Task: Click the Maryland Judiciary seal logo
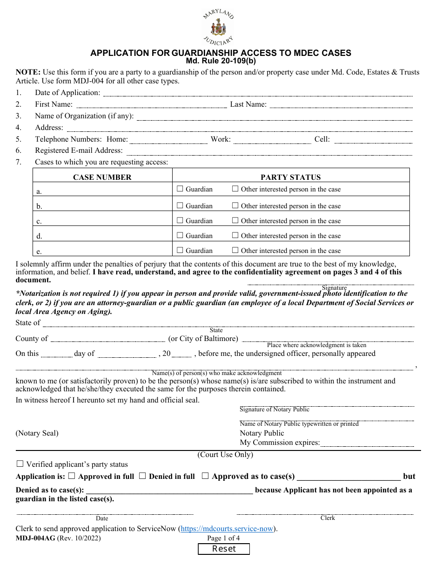click(x=218, y=27)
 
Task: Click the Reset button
click(x=224, y=549)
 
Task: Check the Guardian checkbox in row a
click(x=180, y=189)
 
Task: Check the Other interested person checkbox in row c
click(x=235, y=221)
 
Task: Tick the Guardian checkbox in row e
click(x=180, y=251)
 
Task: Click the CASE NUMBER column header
click(x=102, y=177)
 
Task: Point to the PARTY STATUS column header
click(x=291, y=177)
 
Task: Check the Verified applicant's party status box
click(x=20, y=464)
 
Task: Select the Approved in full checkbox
click(x=72, y=476)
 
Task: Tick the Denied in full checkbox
click(x=143, y=476)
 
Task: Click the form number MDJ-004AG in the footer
click(x=35, y=538)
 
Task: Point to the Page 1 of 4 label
click(x=223, y=538)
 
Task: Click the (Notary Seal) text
click(x=37, y=433)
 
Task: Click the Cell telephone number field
click(x=373, y=139)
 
